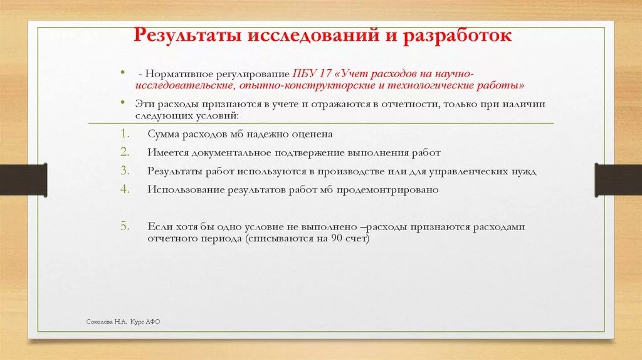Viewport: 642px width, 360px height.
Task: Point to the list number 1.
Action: click(x=124, y=134)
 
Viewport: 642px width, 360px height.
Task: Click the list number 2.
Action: click(x=124, y=152)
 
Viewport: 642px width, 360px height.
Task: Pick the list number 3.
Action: click(x=124, y=171)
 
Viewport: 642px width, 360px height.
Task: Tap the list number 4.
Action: click(x=124, y=189)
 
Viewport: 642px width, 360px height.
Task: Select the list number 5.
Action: click(x=124, y=226)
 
